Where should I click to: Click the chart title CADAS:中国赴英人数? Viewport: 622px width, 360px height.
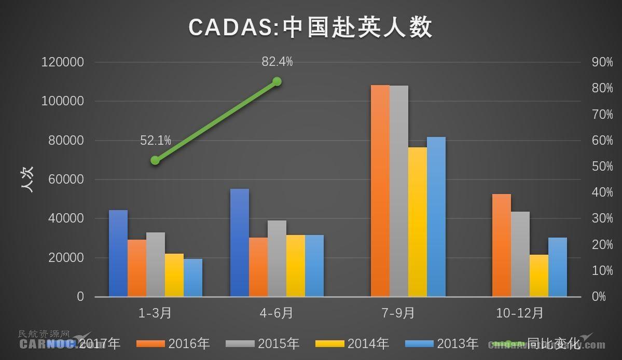[310, 27]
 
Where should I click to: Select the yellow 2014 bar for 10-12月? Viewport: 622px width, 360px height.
[539, 275]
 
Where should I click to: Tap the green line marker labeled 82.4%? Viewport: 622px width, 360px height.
[277, 81]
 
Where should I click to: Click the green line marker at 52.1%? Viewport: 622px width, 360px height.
[155, 160]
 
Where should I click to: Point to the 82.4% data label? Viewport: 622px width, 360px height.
[277, 62]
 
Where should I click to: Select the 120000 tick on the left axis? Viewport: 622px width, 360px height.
[63, 62]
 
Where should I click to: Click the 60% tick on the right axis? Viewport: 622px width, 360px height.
[602, 141]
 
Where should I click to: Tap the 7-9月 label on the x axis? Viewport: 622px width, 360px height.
[398, 313]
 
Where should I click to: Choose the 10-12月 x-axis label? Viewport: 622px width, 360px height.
[520, 313]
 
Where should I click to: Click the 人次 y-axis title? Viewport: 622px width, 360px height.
[27, 179]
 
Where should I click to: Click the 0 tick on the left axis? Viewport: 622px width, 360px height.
[80, 297]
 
